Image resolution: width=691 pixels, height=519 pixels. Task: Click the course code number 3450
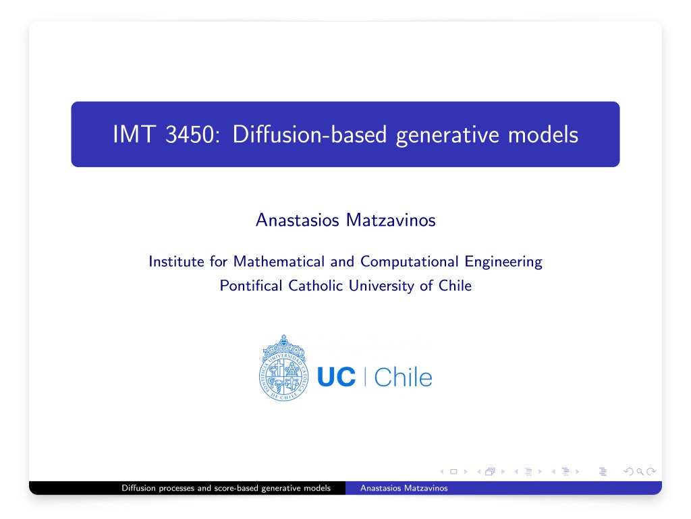192,134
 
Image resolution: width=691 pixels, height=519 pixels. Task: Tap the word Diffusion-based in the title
309,134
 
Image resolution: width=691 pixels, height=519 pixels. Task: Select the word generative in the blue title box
447,135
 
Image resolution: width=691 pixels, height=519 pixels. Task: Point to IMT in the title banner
134,134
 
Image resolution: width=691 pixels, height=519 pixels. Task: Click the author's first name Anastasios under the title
298,220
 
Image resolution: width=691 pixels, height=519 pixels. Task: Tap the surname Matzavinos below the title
391,220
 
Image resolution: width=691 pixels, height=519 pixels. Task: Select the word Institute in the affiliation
176,262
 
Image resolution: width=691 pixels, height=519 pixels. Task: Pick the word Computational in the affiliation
410,262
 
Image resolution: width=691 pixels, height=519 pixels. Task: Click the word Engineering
503,262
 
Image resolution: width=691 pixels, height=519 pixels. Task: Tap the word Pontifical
251,286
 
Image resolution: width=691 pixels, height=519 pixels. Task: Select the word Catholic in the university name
316,286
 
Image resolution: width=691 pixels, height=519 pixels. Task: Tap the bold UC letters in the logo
336,377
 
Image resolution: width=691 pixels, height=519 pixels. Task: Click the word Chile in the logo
404,377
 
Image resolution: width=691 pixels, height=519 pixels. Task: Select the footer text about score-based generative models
226,488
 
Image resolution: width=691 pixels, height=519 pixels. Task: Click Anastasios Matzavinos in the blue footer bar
404,488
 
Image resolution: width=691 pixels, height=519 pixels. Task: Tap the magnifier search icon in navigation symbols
640,472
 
